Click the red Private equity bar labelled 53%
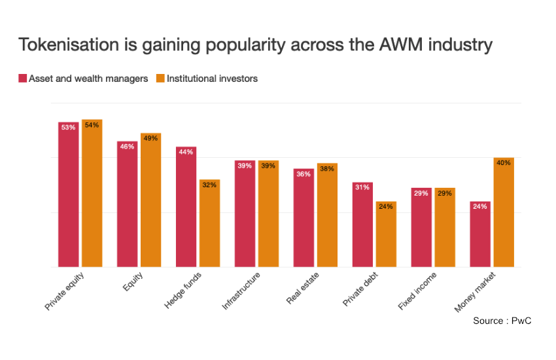tap(68, 196)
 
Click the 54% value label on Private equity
tap(92, 125)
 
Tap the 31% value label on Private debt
tap(362, 188)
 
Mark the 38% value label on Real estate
tap(327, 169)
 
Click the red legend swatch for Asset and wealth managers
tap(22, 79)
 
